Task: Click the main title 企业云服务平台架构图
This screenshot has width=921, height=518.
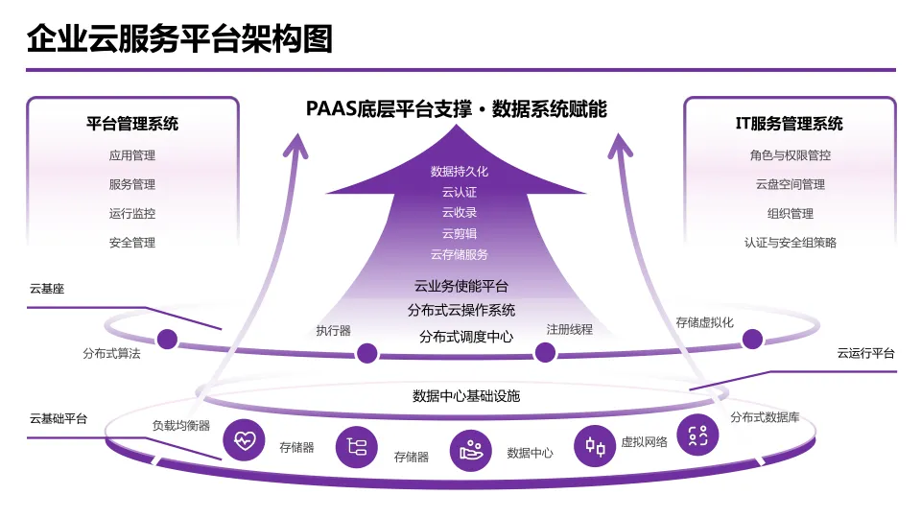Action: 180,39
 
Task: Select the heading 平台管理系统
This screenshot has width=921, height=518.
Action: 132,124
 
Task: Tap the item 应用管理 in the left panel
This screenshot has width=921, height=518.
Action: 132,155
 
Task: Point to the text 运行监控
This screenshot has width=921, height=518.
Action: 132,214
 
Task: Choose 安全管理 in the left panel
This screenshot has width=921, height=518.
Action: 132,243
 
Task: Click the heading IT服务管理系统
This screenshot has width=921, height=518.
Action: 790,124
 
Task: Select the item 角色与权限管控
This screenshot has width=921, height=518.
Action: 790,155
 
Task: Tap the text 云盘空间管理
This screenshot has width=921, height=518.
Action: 790,184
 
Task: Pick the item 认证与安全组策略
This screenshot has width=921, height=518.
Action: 790,243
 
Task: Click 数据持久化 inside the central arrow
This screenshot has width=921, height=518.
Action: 460,172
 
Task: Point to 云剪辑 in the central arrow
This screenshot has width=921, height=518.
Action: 460,233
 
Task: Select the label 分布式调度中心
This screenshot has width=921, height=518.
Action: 465,337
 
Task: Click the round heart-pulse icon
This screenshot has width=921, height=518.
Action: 245,440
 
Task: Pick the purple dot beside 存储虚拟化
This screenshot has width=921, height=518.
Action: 752,339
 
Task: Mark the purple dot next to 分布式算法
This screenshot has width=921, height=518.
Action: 167,339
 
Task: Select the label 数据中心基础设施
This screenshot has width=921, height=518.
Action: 466,395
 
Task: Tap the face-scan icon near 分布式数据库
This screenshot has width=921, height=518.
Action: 697,435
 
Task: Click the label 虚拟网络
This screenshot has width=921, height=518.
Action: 644,442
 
